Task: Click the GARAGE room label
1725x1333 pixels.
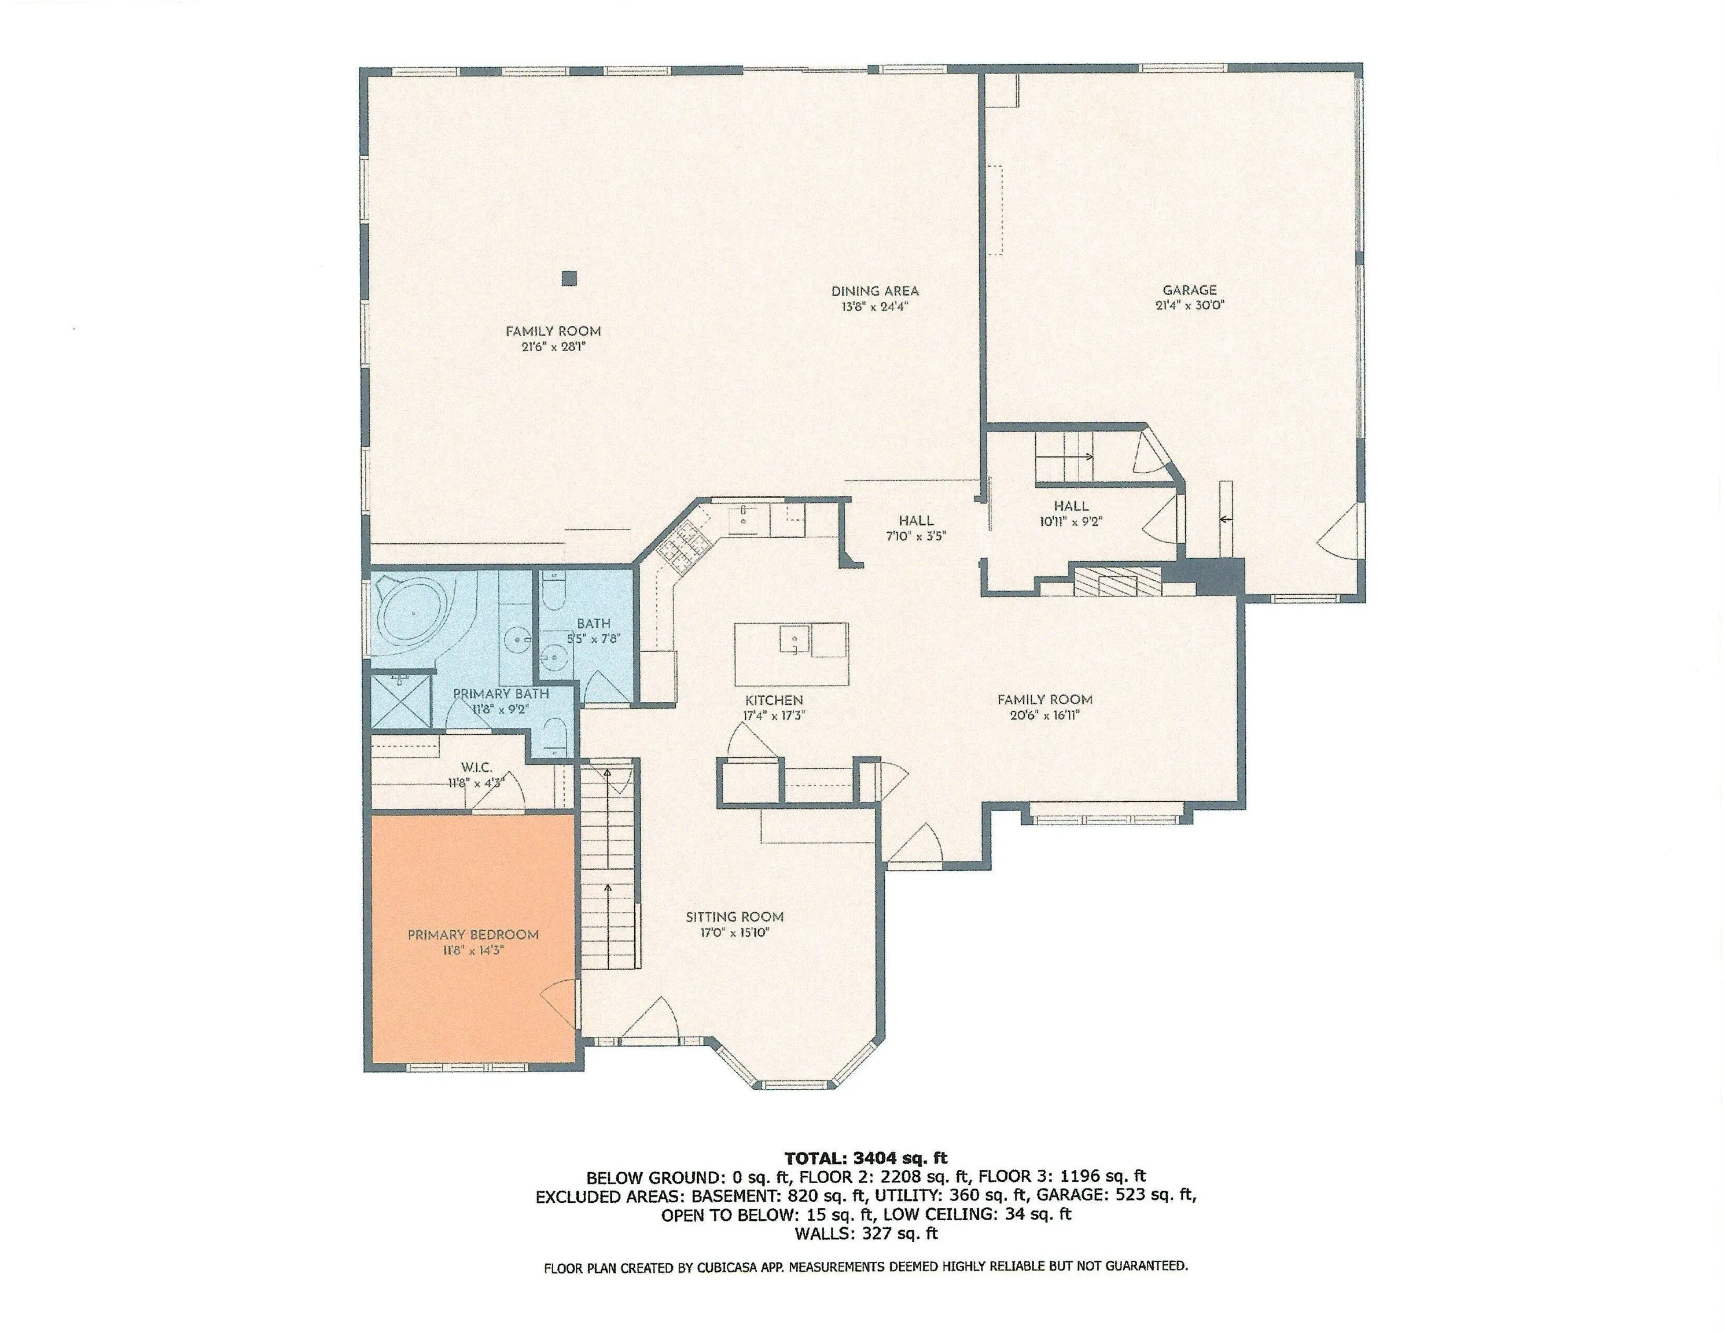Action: click(x=1190, y=290)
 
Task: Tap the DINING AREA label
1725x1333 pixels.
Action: click(x=875, y=290)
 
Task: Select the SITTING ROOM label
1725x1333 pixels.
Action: click(x=734, y=917)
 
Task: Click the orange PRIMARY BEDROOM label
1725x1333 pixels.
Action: click(x=473, y=935)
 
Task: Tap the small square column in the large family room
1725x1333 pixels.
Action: click(x=569, y=278)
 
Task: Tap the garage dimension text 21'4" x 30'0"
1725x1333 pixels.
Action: click(x=1190, y=305)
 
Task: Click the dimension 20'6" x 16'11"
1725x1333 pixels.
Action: click(x=1044, y=716)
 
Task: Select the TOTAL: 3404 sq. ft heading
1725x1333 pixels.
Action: click(x=866, y=1158)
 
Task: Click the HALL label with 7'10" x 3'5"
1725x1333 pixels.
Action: click(x=916, y=520)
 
